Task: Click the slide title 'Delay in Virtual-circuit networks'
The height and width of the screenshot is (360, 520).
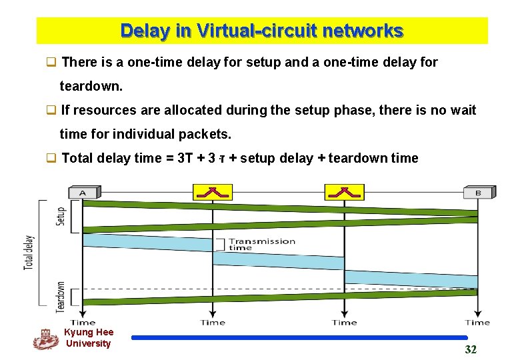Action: (261, 31)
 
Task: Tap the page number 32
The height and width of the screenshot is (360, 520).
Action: (471, 350)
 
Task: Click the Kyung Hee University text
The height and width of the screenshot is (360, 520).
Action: (89, 338)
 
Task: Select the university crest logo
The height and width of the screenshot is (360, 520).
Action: (45, 339)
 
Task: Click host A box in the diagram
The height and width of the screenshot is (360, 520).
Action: (83, 193)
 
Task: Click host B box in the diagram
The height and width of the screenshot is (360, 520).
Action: (477, 193)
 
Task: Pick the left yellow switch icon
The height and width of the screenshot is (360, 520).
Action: (213, 192)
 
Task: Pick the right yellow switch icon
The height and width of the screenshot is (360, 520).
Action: (344, 192)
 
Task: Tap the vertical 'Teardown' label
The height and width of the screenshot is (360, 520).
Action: (60, 297)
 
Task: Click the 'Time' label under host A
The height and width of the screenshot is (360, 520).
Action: (83, 323)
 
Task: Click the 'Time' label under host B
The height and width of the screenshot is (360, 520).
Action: (477, 323)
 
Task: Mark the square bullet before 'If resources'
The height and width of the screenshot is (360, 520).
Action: (50, 110)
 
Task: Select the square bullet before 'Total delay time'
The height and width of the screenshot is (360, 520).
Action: (50, 158)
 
